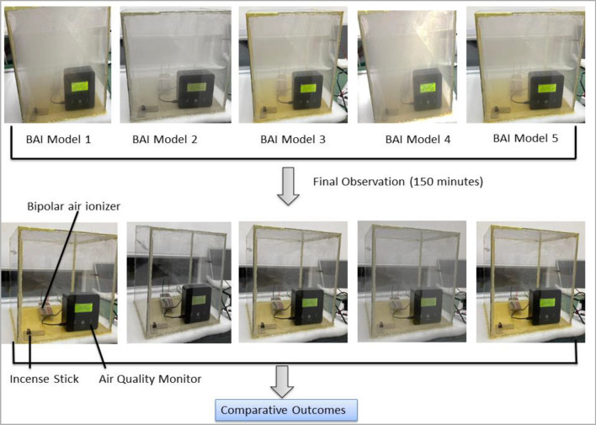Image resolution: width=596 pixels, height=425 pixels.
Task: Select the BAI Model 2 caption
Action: click(x=164, y=138)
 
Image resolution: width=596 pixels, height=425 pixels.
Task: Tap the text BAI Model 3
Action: click(x=293, y=138)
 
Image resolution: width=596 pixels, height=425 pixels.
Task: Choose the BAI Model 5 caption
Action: click(x=525, y=138)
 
